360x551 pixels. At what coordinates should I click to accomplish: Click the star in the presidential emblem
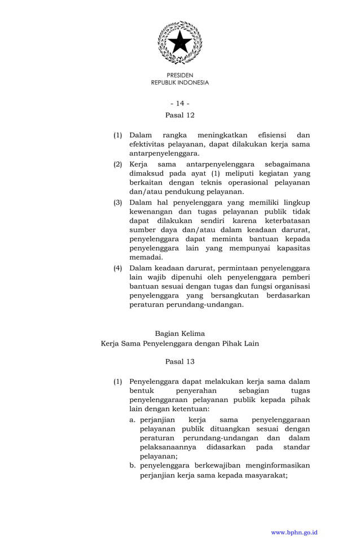(x=180, y=42)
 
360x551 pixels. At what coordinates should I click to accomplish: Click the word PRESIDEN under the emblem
(x=180, y=75)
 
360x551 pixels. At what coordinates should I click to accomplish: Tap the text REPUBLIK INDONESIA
(x=180, y=82)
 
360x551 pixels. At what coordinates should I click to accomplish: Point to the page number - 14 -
(x=180, y=103)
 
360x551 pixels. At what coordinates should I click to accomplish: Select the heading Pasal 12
(x=180, y=115)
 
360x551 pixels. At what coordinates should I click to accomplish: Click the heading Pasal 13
(x=180, y=361)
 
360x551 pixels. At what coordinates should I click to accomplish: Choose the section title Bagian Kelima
(x=180, y=334)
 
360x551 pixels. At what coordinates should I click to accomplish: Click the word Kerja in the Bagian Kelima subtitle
(x=111, y=343)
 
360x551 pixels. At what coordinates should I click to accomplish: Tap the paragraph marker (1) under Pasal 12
(x=118, y=135)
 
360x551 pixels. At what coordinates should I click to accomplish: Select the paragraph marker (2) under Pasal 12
(x=118, y=164)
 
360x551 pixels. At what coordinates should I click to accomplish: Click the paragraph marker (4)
(x=118, y=268)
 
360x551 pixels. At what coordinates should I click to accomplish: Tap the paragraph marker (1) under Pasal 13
(x=118, y=382)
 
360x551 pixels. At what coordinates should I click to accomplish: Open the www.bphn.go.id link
(x=295, y=532)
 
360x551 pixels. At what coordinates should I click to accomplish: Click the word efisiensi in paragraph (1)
(x=272, y=135)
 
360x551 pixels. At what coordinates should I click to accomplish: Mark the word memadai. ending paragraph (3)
(x=146, y=257)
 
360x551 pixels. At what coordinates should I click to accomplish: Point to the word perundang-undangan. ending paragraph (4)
(x=187, y=304)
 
